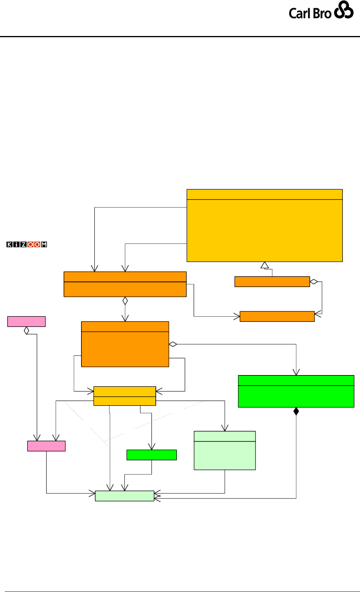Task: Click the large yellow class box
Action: pos(265,225)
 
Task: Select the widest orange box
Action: pos(124,284)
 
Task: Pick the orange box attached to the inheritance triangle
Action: pos(272,282)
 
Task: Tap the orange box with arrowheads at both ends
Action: pos(277,316)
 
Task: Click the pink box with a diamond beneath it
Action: pos(27,321)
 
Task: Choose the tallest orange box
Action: pos(125,344)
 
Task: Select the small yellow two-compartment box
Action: pos(124,396)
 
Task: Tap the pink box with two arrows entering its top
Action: pos(46,446)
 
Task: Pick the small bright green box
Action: pos(151,455)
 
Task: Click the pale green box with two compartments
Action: pos(225,450)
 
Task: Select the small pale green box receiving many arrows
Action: pos(124,496)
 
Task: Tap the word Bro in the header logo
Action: pos(322,13)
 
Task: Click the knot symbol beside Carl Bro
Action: pos(344,12)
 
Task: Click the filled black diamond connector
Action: pos(296,412)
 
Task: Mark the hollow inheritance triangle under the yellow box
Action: pos(265,265)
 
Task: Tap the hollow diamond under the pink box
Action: pos(27,330)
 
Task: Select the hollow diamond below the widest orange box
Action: pos(125,301)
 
